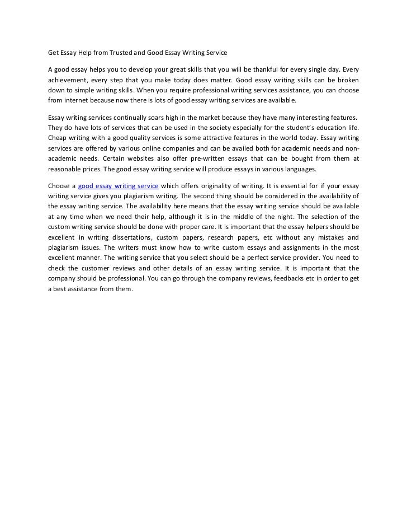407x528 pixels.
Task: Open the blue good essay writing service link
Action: tap(118, 185)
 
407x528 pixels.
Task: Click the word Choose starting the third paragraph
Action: tap(59, 185)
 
